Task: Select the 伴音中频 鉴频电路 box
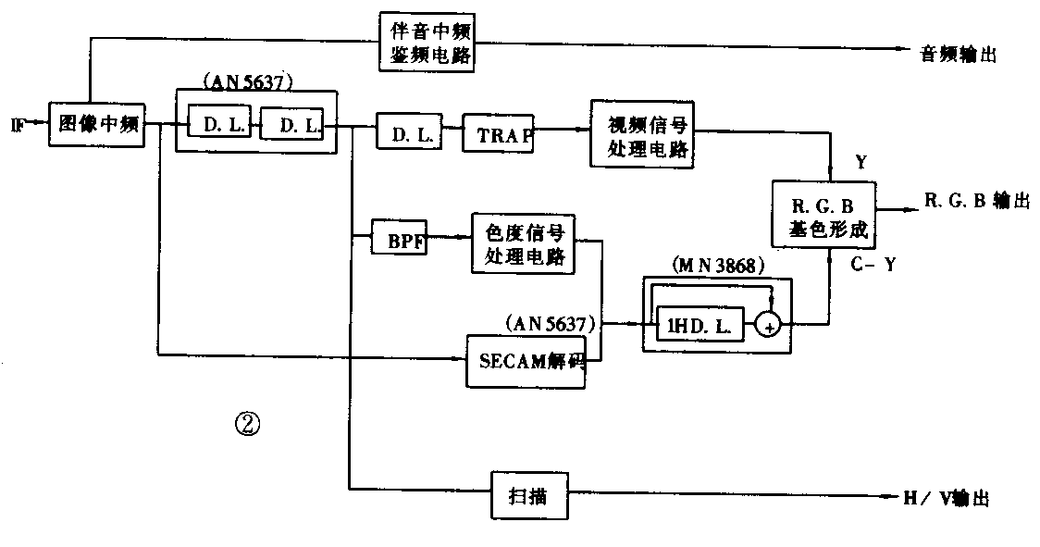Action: point(427,43)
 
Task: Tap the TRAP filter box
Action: point(499,134)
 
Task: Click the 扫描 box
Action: point(528,497)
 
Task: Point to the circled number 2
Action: point(248,424)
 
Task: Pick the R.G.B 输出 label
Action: point(976,201)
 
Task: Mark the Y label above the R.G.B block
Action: point(860,163)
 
